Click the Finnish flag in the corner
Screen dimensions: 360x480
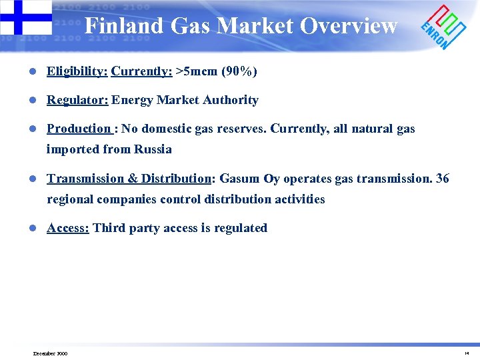(25, 17)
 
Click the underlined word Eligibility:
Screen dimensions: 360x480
(77, 71)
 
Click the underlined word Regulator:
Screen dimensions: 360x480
(77, 100)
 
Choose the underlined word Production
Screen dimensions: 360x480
(78, 129)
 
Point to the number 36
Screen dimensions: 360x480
(442, 178)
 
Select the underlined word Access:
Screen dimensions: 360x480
(67, 228)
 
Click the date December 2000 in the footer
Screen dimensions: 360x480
(50, 353)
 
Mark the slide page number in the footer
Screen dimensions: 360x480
(467, 353)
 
